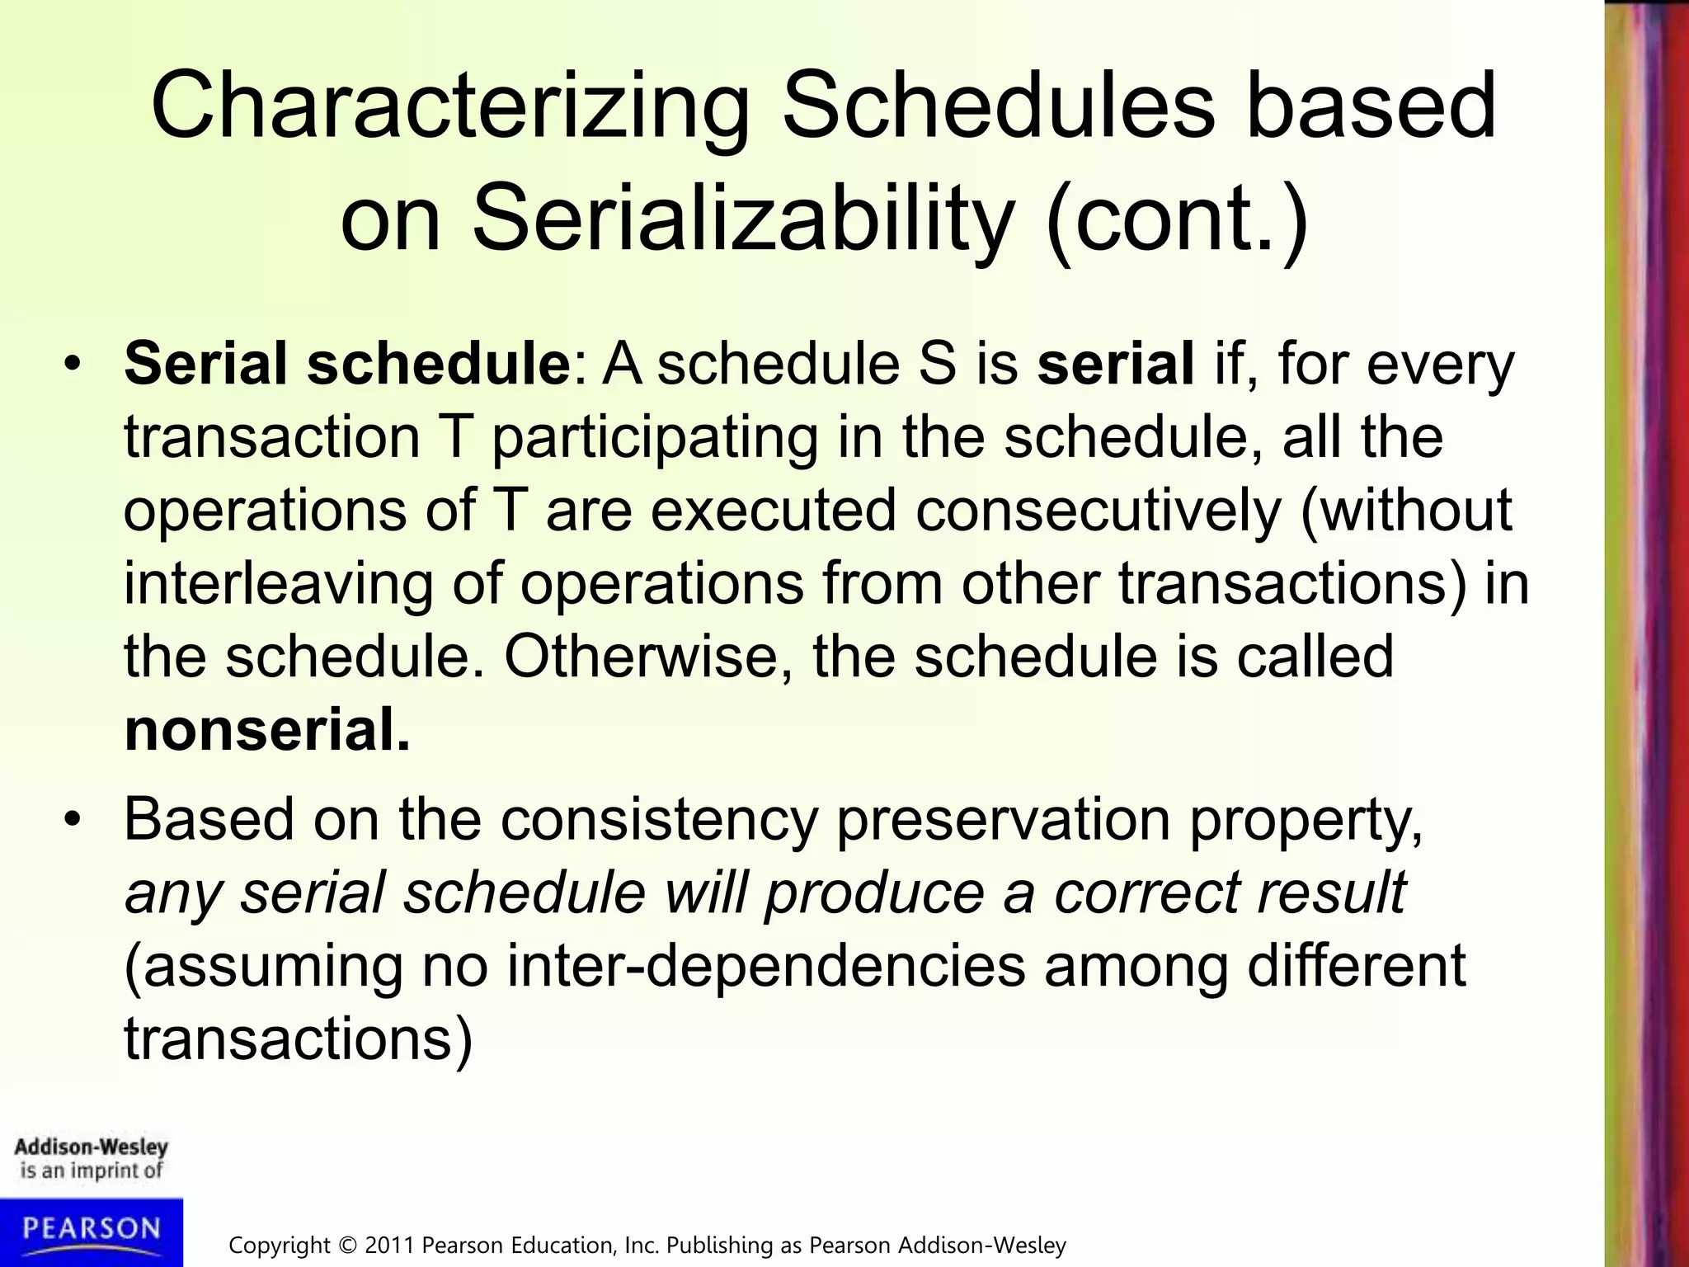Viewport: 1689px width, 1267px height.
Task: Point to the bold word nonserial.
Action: [266, 731]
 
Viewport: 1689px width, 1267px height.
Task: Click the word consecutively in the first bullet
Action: [1098, 511]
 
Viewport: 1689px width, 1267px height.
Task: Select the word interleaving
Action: [278, 584]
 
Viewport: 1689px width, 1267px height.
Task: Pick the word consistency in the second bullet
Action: [659, 821]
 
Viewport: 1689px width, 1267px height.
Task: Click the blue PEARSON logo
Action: [91, 1231]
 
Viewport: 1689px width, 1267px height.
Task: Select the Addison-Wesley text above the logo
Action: [91, 1147]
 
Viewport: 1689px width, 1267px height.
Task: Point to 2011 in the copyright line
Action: [391, 1245]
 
